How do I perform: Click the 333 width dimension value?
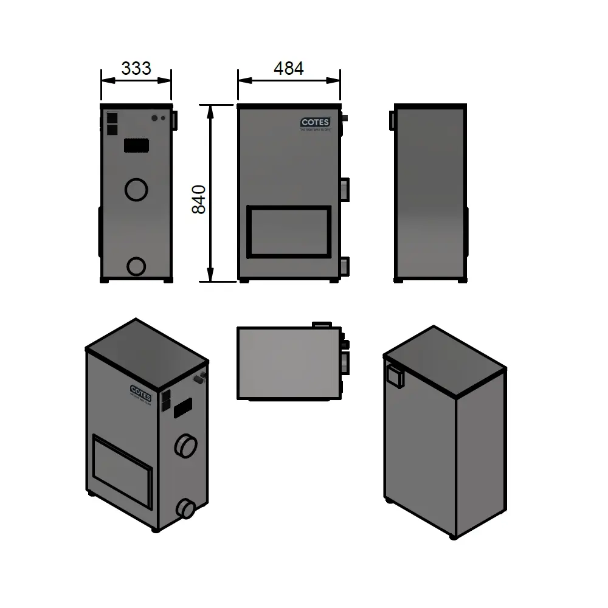pyautogui.click(x=136, y=68)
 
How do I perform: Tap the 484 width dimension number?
pyautogui.click(x=288, y=68)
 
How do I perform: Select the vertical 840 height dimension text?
pyautogui.click(x=199, y=199)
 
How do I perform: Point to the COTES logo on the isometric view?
pyautogui.click(x=141, y=390)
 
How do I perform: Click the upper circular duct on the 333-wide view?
pyautogui.click(x=136, y=189)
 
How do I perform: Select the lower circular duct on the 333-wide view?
pyautogui.click(x=136, y=266)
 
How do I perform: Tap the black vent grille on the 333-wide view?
pyautogui.click(x=137, y=146)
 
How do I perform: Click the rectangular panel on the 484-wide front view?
pyautogui.click(x=289, y=232)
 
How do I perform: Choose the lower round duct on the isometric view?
pyautogui.click(x=185, y=508)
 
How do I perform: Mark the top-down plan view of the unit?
pyautogui.click(x=289, y=363)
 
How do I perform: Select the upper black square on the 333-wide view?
pyautogui.click(x=112, y=118)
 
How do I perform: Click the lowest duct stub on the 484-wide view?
pyautogui.click(x=345, y=266)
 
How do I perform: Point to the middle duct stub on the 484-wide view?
pyautogui.click(x=345, y=189)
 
